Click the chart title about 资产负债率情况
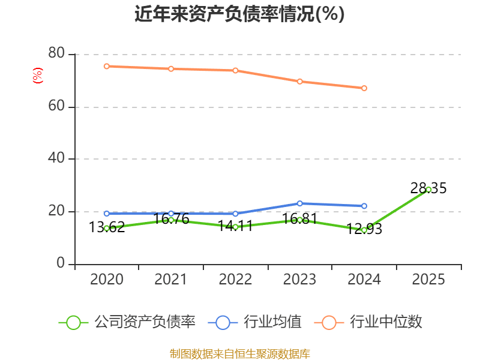(239, 14)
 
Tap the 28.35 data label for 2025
(428, 188)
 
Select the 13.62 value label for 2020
(107, 227)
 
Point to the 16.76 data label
(171, 220)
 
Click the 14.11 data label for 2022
(235, 227)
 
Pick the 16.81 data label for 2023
(299, 219)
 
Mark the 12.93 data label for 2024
(364, 229)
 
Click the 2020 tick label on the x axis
(107, 280)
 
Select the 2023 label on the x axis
(299, 280)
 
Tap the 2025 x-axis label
(428, 280)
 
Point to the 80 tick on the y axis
(58, 54)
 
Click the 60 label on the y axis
(58, 107)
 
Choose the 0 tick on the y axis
(61, 264)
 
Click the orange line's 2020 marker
(106, 66)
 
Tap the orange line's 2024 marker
(364, 88)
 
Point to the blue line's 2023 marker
(300, 203)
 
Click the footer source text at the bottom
(239, 353)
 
